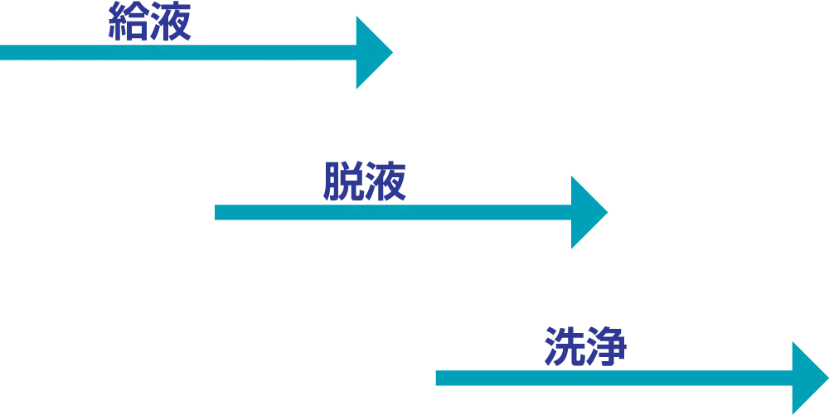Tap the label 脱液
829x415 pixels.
(363, 184)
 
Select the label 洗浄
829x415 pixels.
(586, 348)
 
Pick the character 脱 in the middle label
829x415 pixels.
(342, 184)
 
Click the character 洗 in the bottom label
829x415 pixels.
(565, 348)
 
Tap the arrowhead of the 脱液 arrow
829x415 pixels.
(586, 213)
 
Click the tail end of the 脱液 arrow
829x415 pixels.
(216, 213)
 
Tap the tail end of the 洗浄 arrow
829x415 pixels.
(435, 379)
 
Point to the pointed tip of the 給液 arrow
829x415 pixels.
(395, 54)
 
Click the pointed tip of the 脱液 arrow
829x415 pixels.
(608, 213)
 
